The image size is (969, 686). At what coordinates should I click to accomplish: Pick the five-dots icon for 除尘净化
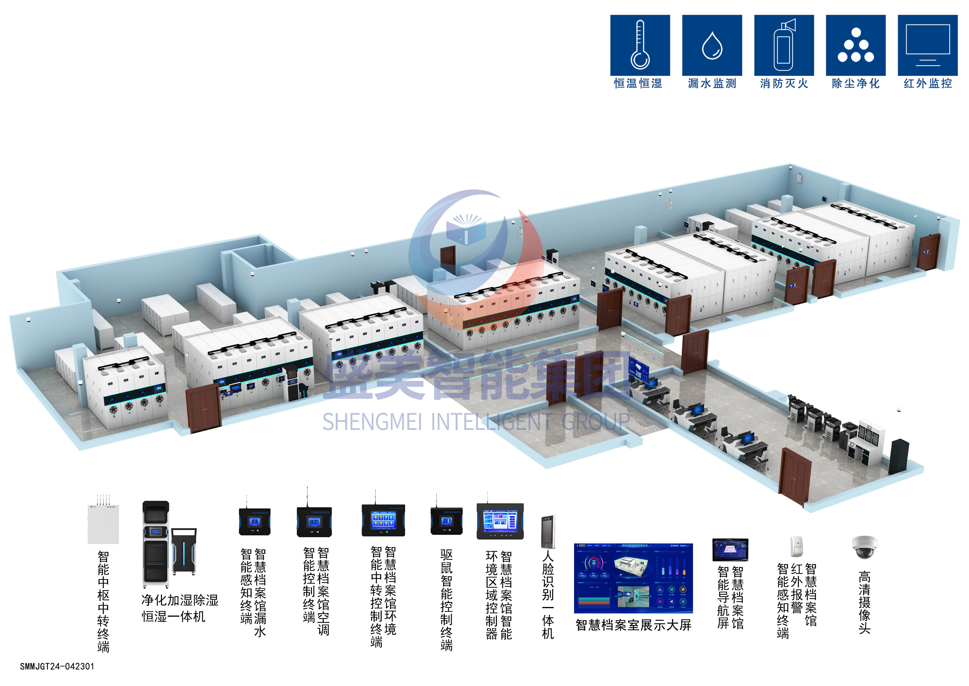[x=856, y=45]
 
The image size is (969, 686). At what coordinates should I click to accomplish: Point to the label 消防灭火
[x=784, y=83]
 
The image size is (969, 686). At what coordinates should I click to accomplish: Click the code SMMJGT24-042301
[x=57, y=666]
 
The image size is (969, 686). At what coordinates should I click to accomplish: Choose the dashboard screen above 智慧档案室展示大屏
[x=633, y=578]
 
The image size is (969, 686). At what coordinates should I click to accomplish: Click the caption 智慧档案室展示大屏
[x=633, y=625]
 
